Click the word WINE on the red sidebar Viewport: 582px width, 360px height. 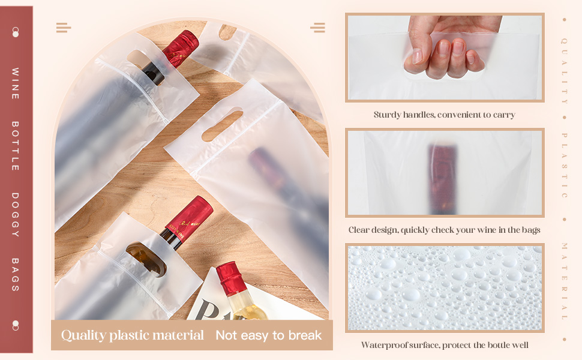(15, 83)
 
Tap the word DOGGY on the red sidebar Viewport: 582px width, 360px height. (15, 215)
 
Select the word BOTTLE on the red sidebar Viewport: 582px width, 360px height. (15, 146)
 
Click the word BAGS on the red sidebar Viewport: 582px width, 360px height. (15, 275)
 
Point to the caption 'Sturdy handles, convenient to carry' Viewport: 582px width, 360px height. (444, 115)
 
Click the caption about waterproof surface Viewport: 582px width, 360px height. (445, 345)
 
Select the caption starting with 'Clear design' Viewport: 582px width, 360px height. (444, 230)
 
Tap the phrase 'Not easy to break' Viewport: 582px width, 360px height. (269, 335)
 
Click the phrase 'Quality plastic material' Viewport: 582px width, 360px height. (133, 335)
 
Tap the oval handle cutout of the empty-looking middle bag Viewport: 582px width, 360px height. (222, 124)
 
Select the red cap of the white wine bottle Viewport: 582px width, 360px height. (231, 278)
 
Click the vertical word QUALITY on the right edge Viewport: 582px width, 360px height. (564, 71)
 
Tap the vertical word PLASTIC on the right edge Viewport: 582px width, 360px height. (564, 166)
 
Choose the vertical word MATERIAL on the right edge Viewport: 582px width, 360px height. (564, 281)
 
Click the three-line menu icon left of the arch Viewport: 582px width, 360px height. (64, 28)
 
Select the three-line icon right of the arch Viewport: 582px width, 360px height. (318, 28)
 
